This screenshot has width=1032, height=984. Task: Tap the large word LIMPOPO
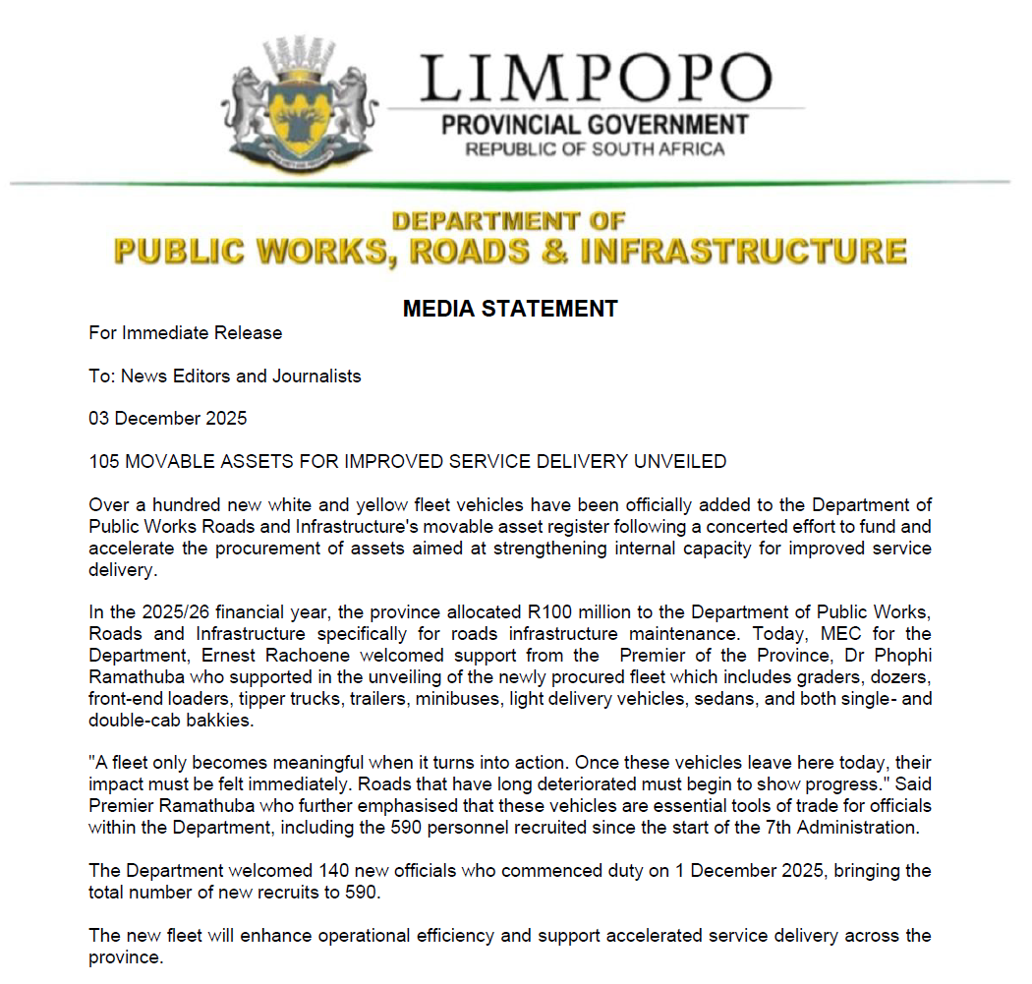pyautogui.click(x=597, y=78)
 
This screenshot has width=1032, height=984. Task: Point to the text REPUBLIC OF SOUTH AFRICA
pyautogui.click(x=595, y=149)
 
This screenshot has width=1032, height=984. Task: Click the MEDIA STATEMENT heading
pyautogui.click(x=510, y=309)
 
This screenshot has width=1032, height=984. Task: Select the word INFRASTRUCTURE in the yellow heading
pyautogui.click(x=742, y=251)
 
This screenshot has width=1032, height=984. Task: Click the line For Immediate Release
pyautogui.click(x=185, y=333)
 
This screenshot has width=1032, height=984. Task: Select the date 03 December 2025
pyautogui.click(x=167, y=419)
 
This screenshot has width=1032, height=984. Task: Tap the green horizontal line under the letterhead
pyautogui.click(x=510, y=184)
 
